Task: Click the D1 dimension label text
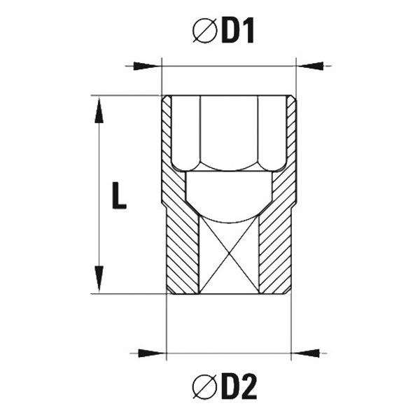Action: [x=238, y=31]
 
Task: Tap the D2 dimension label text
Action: [x=239, y=386]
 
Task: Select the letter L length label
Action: [x=119, y=195]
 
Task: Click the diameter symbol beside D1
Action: [x=204, y=31]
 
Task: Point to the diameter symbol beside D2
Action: [x=204, y=386]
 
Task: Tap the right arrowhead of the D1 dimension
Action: [x=310, y=66]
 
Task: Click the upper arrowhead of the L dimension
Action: [x=99, y=110]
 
